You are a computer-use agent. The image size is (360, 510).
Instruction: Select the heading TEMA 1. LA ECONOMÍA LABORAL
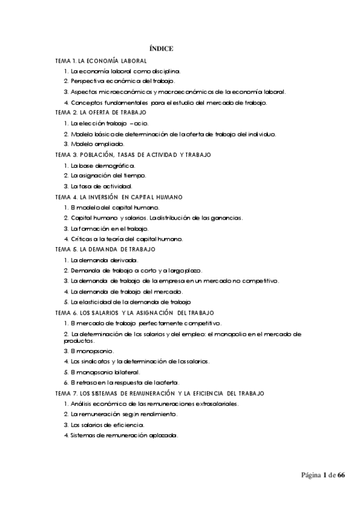(101, 61)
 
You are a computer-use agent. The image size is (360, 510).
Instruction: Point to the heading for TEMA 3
(133, 155)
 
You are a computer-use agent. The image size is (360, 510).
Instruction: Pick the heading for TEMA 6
(139, 313)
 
